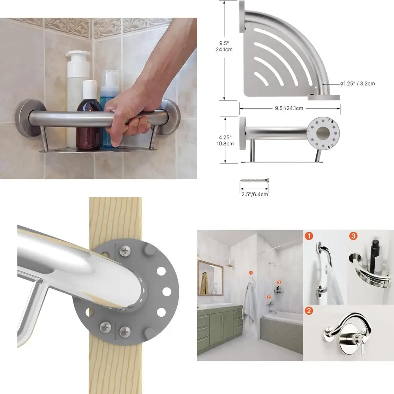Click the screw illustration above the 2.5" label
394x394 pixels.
255,180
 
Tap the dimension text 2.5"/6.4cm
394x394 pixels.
255,194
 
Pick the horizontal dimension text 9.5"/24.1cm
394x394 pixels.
290,109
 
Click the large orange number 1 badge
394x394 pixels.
309,236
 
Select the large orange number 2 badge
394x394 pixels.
309,311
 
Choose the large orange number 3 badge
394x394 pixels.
353,236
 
